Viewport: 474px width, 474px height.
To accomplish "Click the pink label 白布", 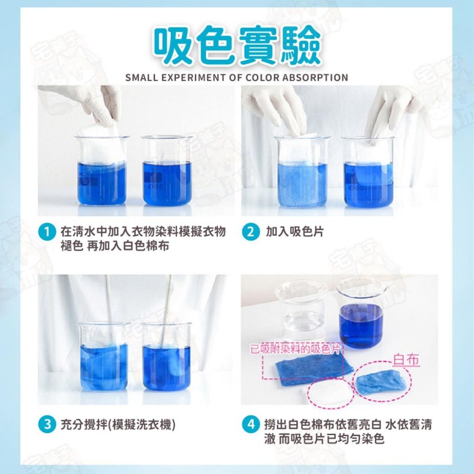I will coord(406,360).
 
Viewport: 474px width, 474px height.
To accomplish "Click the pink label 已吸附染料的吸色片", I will coord(296,351).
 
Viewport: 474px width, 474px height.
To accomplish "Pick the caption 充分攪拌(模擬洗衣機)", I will coord(118,424).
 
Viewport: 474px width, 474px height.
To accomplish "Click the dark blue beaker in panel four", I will coord(361,313).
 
